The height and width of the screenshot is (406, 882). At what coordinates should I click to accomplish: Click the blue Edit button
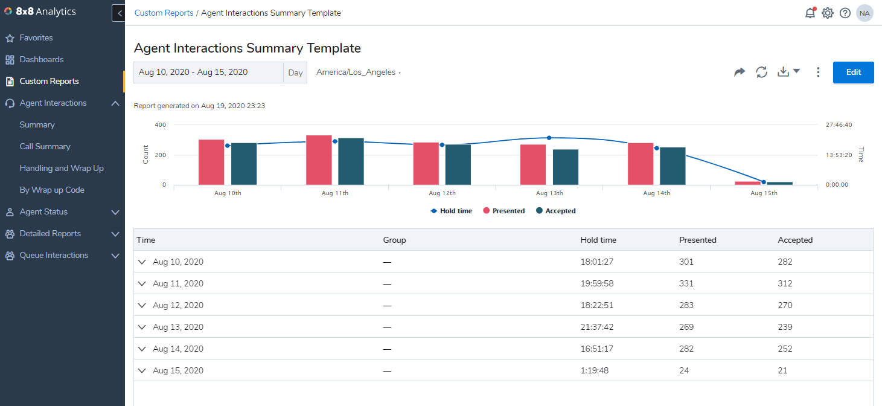853,72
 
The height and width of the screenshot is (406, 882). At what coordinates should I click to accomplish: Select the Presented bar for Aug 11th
319,160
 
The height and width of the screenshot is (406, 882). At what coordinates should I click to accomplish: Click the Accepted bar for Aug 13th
566,167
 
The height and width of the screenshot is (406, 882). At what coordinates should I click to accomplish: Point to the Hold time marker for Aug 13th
549,138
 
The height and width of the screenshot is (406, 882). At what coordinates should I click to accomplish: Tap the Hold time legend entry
451,211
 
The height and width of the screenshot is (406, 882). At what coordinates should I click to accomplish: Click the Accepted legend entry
555,211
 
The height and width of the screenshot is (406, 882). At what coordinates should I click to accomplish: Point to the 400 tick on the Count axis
160,124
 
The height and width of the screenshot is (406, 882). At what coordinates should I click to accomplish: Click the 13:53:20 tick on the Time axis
839,155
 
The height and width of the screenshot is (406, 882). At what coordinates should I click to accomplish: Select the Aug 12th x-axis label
442,193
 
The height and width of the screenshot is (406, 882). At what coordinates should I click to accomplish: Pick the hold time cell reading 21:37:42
597,327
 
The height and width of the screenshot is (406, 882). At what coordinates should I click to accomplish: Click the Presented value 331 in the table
686,283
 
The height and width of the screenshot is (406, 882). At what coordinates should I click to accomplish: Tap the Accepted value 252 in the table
785,349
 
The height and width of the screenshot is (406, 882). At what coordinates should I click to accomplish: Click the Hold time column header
598,240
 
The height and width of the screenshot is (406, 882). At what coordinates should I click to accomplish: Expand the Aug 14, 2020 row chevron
142,349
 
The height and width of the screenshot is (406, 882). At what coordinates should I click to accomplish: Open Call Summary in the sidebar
45,146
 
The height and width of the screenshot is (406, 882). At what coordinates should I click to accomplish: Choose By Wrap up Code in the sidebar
52,190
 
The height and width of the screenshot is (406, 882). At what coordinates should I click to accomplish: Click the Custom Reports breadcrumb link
164,13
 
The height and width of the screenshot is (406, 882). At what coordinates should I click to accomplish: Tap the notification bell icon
810,13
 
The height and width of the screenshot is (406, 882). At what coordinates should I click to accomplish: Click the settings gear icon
828,13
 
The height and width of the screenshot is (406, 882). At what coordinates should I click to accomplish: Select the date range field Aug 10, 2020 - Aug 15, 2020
208,72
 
